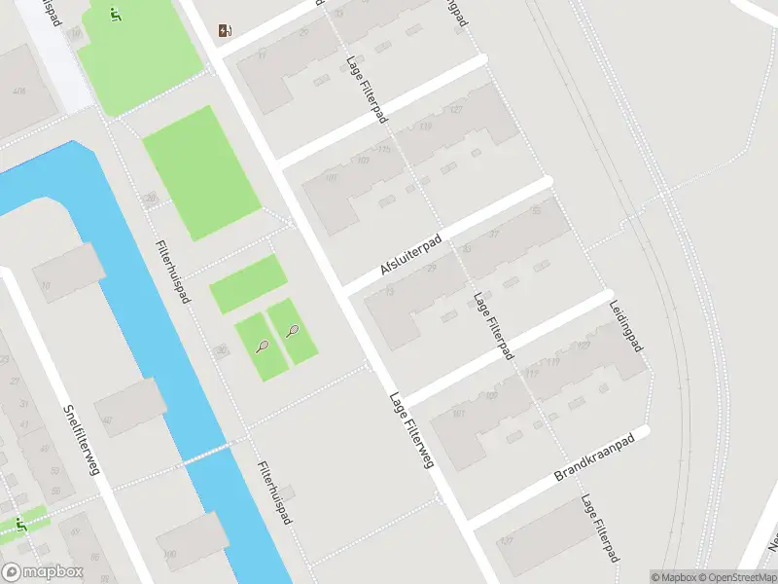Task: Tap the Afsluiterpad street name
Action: pos(411,255)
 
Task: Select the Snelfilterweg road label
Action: pos(82,440)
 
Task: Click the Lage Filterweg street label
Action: pos(410,430)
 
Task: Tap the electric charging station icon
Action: pos(226,30)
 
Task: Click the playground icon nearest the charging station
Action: pos(116,15)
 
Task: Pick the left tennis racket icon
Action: pos(263,346)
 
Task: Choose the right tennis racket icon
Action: pos(293,331)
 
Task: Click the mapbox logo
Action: pos(43,572)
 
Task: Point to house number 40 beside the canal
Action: pos(107,420)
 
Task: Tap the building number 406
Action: pos(18,91)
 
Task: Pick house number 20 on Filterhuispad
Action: pos(150,198)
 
